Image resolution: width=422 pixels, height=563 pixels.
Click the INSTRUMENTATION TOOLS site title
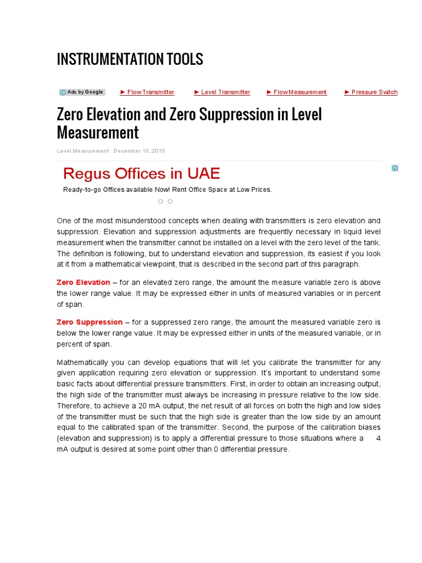point(130,59)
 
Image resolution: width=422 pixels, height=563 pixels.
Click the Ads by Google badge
point(82,92)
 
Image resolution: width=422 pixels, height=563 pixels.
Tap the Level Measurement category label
point(83,151)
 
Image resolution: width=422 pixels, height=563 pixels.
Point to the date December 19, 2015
point(139,151)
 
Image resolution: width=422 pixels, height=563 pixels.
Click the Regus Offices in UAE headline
point(141,174)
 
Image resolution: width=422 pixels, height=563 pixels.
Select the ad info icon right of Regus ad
point(395,168)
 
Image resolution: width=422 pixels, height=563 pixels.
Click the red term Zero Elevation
point(83,283)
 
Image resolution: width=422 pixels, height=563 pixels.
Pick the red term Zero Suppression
point(90,322)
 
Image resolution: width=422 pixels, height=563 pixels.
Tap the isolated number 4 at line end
point(378,438)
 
